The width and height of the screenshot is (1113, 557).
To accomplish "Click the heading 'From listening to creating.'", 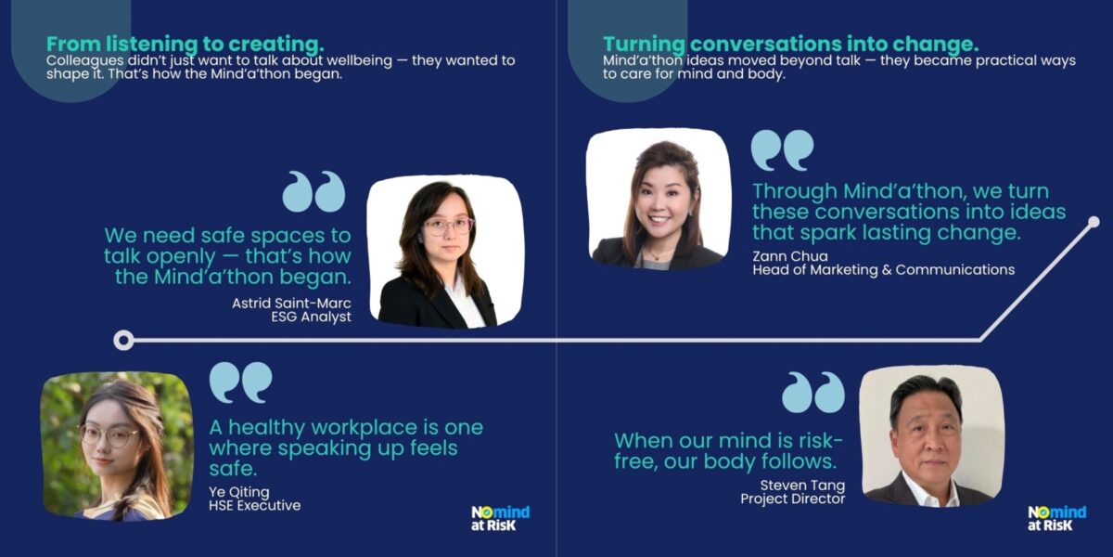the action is point(185,45).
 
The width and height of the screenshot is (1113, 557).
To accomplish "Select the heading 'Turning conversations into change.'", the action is point(791,45).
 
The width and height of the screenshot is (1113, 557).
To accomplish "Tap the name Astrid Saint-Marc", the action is point(291,303).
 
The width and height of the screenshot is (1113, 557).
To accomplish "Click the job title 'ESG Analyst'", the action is point(311,317).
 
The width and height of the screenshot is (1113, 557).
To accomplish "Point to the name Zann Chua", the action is point(790,256).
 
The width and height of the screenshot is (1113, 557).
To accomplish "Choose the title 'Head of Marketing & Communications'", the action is point(883,269).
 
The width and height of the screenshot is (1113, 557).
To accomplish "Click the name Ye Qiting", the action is point(239,492).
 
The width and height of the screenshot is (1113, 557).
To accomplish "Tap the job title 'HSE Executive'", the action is point(255,505).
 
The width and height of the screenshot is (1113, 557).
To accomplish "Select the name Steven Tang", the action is point(802,485).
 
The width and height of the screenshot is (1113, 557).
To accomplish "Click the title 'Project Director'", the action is point(792,499).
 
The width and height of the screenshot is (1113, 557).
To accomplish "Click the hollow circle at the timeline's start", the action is point(123,341).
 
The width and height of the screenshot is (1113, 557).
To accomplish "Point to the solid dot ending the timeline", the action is point(1094,222).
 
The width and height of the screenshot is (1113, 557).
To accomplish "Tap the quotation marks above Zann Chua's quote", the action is point(782,150).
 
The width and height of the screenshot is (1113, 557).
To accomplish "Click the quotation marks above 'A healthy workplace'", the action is point(241,382).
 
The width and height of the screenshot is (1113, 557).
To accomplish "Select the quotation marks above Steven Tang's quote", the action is point(813,393).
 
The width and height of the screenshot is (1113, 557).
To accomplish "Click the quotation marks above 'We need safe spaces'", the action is point(313,191).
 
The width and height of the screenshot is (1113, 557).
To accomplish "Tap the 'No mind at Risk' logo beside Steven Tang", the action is point(1056,518).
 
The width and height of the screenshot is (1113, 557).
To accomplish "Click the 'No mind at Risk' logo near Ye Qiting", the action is point(500,518).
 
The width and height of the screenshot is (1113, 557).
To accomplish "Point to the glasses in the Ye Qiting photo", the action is point(109,436).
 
